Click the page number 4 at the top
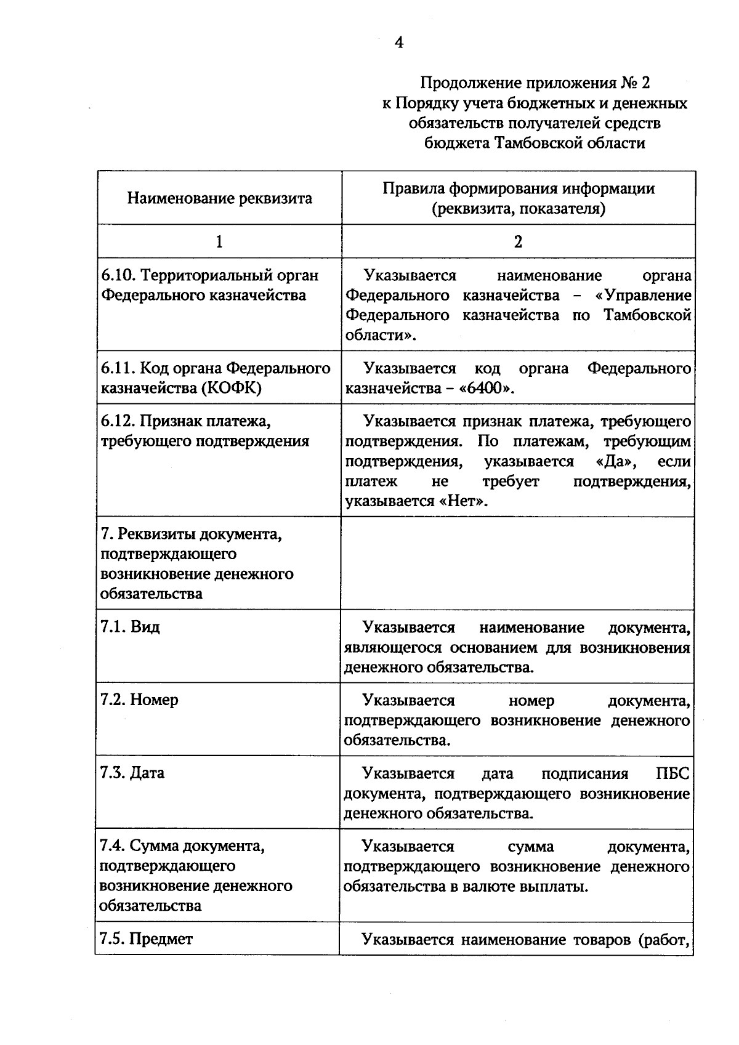(x=399, y=42)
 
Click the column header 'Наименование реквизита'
(x=220, y=198)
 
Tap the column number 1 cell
(x=219, y=241)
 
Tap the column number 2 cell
(x=518, y=241)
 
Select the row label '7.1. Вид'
(x=130, y=627)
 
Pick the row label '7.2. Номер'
(x=139, y=700)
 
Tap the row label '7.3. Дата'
(x=132, y=773)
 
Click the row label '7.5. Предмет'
(x=147, y=939)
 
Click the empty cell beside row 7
(x=517, y=563)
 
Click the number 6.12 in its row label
(x=117, y=421)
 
